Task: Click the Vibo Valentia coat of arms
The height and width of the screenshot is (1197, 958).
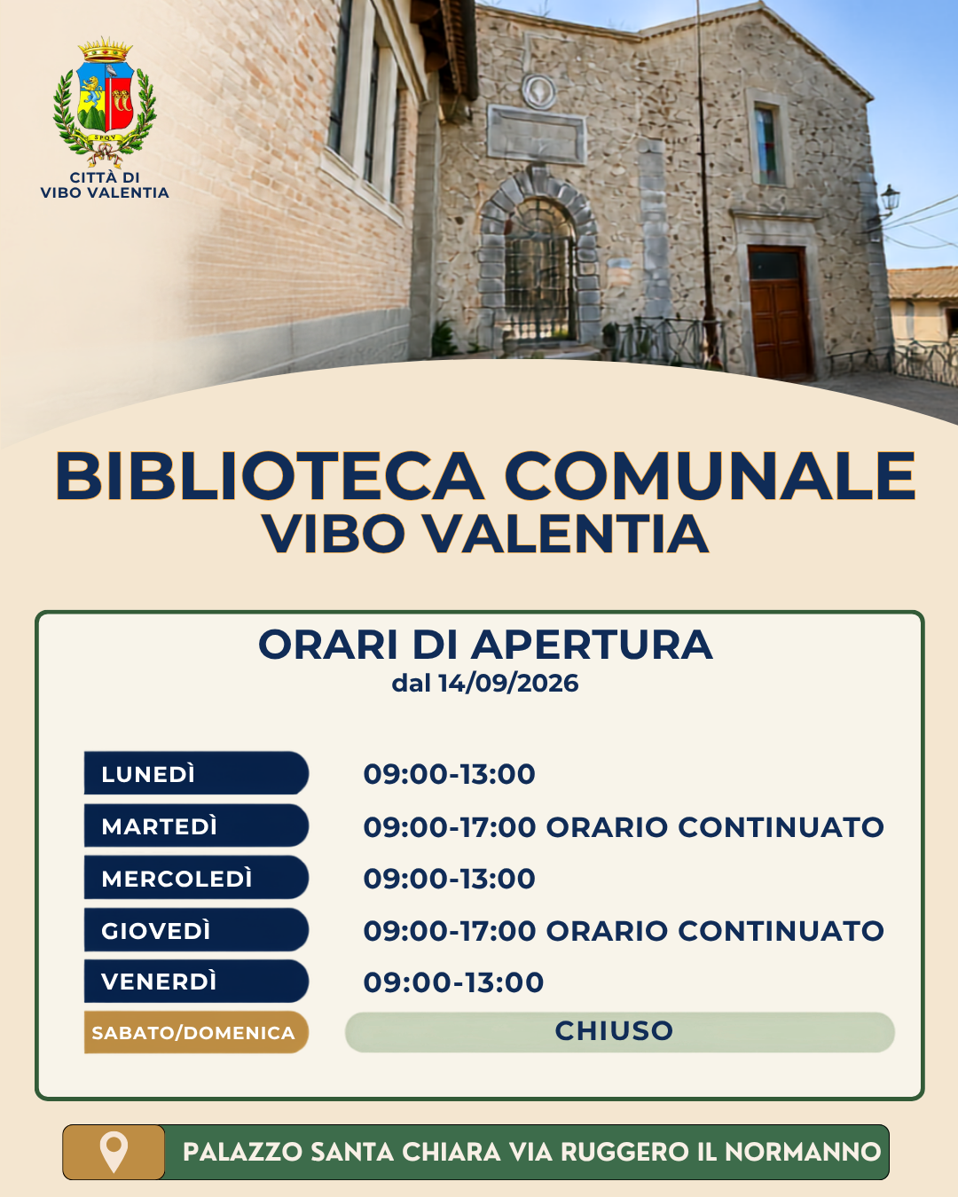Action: point(105,102)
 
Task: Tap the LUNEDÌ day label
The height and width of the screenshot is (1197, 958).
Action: point(148,774)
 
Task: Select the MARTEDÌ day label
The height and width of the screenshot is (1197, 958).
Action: point(159,826)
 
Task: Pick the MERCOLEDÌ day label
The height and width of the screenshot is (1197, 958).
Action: point(177,879)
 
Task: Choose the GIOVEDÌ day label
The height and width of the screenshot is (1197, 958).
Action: point(156,931)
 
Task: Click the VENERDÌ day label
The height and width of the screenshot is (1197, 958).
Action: point(159,982)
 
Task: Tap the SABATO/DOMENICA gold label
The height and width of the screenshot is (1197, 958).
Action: point(196,1033)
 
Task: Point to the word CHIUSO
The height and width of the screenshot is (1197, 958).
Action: point(614,1030)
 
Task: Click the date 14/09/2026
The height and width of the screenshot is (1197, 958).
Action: point(508,683)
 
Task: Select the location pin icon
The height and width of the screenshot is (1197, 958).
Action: point(114,1153)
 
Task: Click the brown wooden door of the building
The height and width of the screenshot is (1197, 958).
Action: point(778,312)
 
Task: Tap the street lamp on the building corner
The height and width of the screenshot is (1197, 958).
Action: point(889,201)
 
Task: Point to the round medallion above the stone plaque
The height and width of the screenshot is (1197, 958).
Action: point(538,91)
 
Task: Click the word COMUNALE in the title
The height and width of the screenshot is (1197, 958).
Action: point(710,477)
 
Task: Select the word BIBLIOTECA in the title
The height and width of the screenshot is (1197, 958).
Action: point(269,477)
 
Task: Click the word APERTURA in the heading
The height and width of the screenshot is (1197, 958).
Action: point(593,645)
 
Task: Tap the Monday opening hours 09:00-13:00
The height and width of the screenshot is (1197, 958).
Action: point(449,774)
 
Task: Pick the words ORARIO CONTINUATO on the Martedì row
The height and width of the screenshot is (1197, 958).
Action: point(715,827)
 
